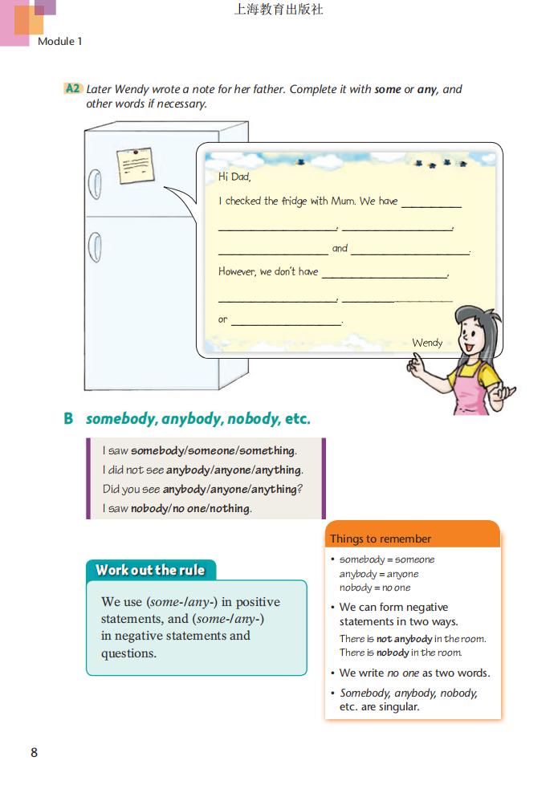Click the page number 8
34,752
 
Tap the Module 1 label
60,41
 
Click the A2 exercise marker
73,89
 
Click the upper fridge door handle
94,185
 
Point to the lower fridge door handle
94,246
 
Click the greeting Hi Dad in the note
234,177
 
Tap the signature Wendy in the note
427,343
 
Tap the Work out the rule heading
150,571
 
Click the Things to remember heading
381,539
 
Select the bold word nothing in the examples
230,508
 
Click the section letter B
68,419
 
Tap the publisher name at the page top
279,10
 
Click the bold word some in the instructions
387,89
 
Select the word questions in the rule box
128,653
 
